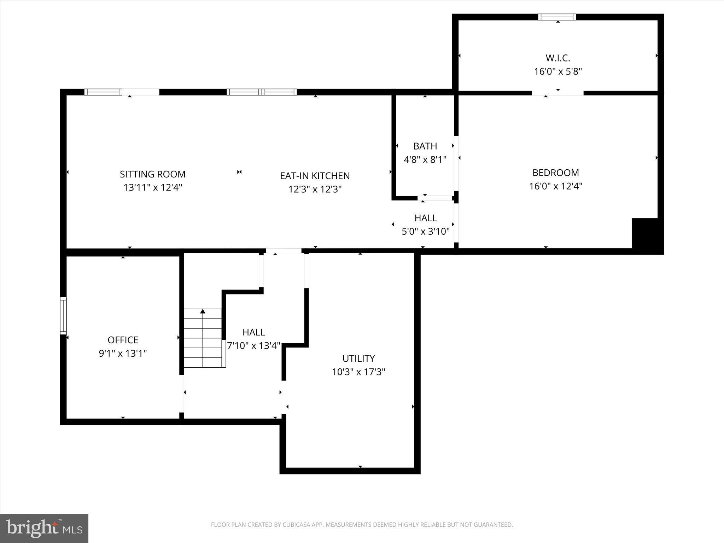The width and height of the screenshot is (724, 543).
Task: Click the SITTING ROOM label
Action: pyautogui.click(x=152, y=174)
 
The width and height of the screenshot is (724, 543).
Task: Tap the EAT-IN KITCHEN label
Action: pyautogui.click(x=315, y=176)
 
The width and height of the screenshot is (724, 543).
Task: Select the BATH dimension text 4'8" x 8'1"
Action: pyautogui.click(x=425, y=160)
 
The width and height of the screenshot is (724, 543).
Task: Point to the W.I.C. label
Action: pyautogui.click(x=558, y=58)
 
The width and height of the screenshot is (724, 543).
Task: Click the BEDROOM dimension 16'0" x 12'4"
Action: pyautogui.click(x=555, y=186)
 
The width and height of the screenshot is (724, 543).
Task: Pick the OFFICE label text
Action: pyautogui.click(x=123, y=340)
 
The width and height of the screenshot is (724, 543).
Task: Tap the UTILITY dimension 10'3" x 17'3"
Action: pyautogui.click(x=358, y=372)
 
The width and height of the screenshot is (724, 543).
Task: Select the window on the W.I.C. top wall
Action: pyautogui.click(x=557, y=17)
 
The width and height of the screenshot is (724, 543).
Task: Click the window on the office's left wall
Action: pyautogui.click(x=63, y=316)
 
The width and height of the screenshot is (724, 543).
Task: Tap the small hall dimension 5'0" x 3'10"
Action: pyautogui.click(x=426, y=232)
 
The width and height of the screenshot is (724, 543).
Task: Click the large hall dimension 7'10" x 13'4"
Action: pyautogui.click(x=253, y=346)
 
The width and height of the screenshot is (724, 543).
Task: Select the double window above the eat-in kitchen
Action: pyautogui.click(x=262, y=92)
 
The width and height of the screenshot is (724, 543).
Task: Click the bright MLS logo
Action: pyautogui.click(x=44, y=528)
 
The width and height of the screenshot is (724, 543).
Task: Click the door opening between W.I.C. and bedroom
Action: pyautogui.click(x=557, y=93)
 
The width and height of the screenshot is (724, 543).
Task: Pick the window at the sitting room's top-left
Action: pyautogui.click(x=103, y=92)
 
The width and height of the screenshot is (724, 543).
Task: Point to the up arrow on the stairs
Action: pyautogui.click(x=203, y=311)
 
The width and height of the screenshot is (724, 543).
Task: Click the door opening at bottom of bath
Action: pyautogui.click(x=435, y=198)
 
